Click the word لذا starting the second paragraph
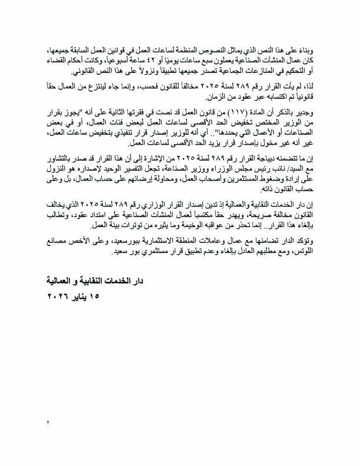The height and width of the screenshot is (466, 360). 308,88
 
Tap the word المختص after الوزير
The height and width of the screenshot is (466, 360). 278,124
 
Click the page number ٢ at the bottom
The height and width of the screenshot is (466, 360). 46,422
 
